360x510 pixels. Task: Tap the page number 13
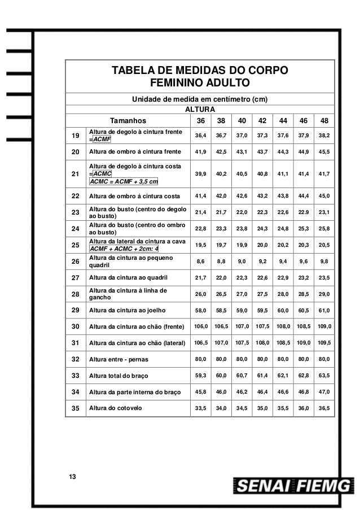(x=71, y=478)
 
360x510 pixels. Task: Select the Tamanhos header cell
(x=128, y=120)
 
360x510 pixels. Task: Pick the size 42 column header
(x=262, y=120)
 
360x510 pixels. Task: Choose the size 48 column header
(x=324, y=120)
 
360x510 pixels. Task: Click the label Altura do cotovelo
(x=116, y=408)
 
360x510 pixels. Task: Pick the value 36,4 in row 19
(x=200, y=136)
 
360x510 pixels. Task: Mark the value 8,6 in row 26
(x=200, y=261)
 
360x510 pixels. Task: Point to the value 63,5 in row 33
(x=324, y=375)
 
